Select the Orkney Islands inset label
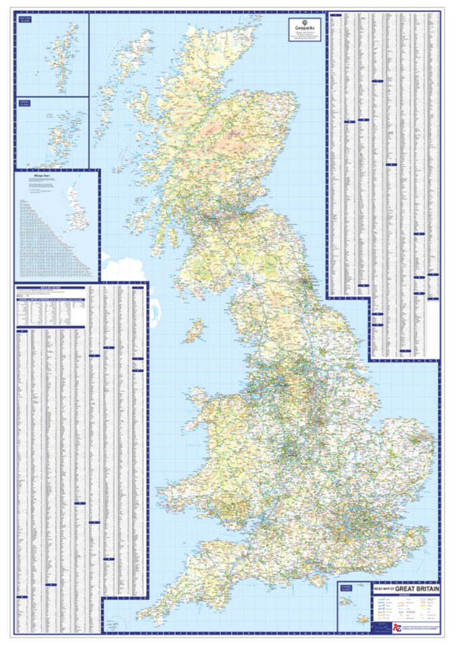coord(25,104)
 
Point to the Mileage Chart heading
coord(43,180)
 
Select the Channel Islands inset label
coord(347,588)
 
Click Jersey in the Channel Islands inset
coord(363,619)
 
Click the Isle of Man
coord(195,331)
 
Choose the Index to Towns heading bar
coord(51,287)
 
